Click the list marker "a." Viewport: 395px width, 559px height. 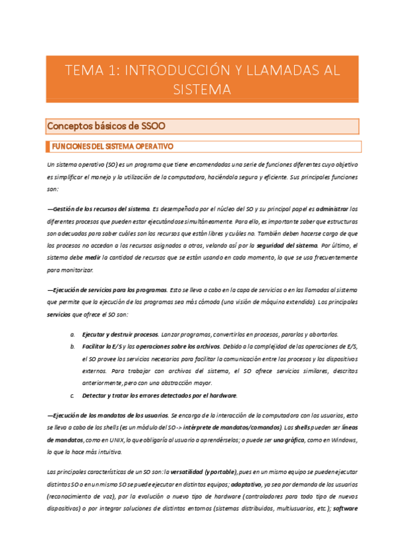click(72, 334)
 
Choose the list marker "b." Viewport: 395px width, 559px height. click(72, 346)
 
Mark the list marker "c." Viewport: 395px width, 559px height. click(72, 396)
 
